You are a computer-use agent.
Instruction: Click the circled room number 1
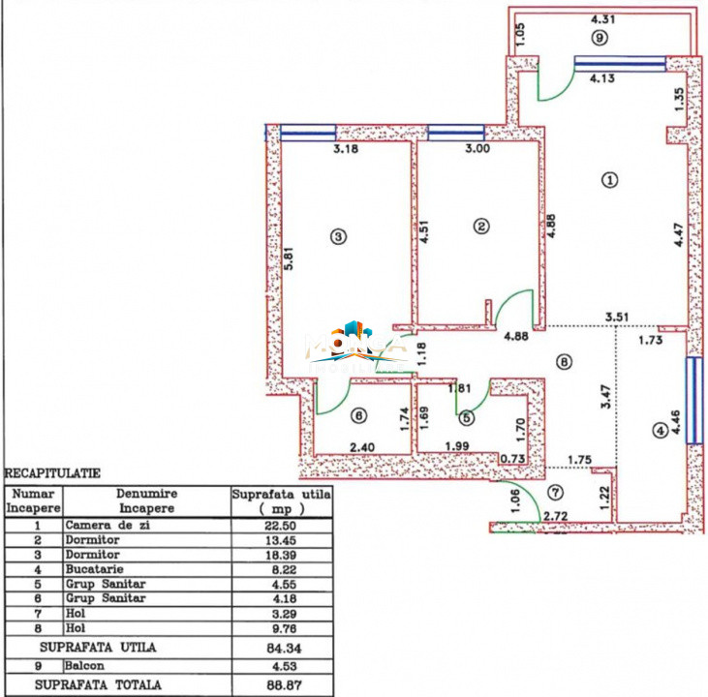tap(609, 179)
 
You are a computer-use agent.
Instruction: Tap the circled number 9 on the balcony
tap(600, 39)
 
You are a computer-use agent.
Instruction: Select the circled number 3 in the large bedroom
tap(337, 235)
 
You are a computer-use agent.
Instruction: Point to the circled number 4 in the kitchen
tap(661, 431)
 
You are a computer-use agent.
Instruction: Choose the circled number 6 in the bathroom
tap(359, 416)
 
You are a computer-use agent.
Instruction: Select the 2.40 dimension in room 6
tap(362, 447)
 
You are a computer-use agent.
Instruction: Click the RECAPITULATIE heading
tap(52, 474)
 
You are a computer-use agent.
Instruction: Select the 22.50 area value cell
tap(281, 526)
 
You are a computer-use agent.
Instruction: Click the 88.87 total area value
tap(281, 684)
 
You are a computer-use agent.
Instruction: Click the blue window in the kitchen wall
tap(693, 401)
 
